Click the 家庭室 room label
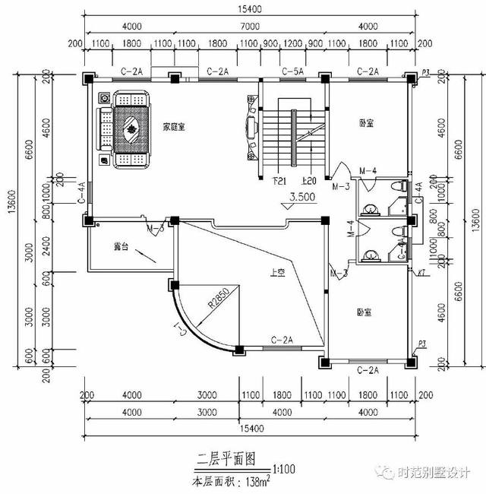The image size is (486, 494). point(175,126)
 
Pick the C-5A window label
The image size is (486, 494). point(293,71)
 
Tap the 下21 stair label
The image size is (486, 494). point(278,181)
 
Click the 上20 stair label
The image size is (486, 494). point(309,181)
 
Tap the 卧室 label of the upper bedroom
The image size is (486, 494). point(369,122)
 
